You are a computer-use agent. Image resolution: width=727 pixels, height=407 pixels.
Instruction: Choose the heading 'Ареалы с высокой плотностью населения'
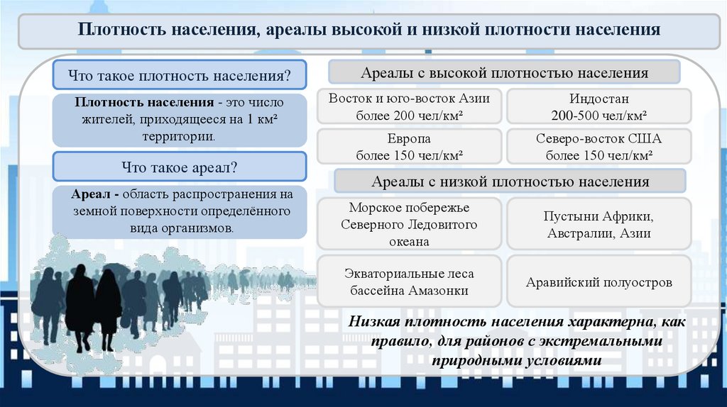504,73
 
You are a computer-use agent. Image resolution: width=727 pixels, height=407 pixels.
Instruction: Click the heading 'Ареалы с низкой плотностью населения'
510,182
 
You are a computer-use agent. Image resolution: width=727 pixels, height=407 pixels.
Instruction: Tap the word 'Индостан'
598,99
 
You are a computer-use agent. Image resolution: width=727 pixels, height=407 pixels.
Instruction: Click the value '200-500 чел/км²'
598,116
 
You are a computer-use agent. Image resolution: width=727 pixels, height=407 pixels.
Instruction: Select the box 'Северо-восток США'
598,146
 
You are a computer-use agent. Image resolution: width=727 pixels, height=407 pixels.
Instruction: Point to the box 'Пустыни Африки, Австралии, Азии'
598,224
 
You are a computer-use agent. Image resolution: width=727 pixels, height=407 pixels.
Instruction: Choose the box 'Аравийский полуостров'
598,282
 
